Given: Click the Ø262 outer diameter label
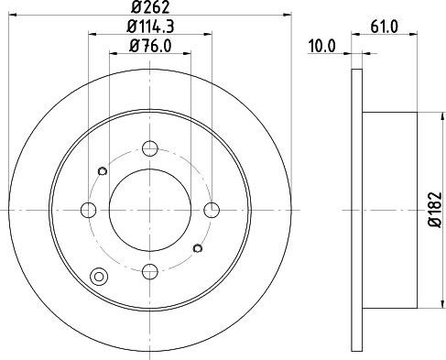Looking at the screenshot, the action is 149,6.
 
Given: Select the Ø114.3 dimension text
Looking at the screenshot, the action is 150,27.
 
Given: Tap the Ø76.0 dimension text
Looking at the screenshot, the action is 150,46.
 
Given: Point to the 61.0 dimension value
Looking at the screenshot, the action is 385,27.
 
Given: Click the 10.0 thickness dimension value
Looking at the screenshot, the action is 322,46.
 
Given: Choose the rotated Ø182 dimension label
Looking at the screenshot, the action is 435,210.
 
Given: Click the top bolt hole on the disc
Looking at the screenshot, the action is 150,148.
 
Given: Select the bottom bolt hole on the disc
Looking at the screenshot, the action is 150,271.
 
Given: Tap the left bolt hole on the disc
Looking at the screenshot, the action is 89,210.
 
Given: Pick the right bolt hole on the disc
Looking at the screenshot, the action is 212,210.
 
